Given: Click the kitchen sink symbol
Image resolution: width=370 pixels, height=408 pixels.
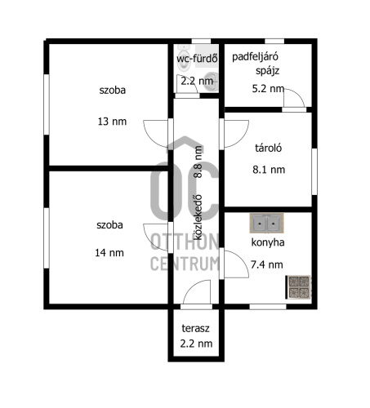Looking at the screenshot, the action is [267, 223].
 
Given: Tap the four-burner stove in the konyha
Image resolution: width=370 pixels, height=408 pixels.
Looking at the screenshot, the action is [298, 287].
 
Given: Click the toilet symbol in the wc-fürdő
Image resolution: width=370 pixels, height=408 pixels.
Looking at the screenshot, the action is [183, 58].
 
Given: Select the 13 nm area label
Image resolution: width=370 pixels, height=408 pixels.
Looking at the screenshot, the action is [112, 122].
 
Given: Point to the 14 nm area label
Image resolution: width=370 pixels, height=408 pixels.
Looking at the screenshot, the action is [109, 253].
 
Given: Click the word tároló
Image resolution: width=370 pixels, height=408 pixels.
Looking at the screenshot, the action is [268, 148].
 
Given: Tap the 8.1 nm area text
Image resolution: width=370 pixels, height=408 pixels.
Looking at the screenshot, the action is [269, 170].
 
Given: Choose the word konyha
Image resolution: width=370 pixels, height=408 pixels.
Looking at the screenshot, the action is [268, 242].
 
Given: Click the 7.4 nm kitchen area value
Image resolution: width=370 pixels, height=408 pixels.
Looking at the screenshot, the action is [267, 264].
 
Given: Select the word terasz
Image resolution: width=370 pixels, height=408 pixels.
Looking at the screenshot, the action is [195, 328].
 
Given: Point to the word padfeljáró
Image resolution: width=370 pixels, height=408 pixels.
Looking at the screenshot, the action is [255, 57].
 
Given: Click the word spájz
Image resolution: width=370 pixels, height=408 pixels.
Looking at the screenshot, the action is [267, 71].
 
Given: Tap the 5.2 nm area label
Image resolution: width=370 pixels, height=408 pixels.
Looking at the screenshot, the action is [268, 89].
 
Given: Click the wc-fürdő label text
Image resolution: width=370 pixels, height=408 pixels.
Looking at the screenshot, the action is [197, 58].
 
